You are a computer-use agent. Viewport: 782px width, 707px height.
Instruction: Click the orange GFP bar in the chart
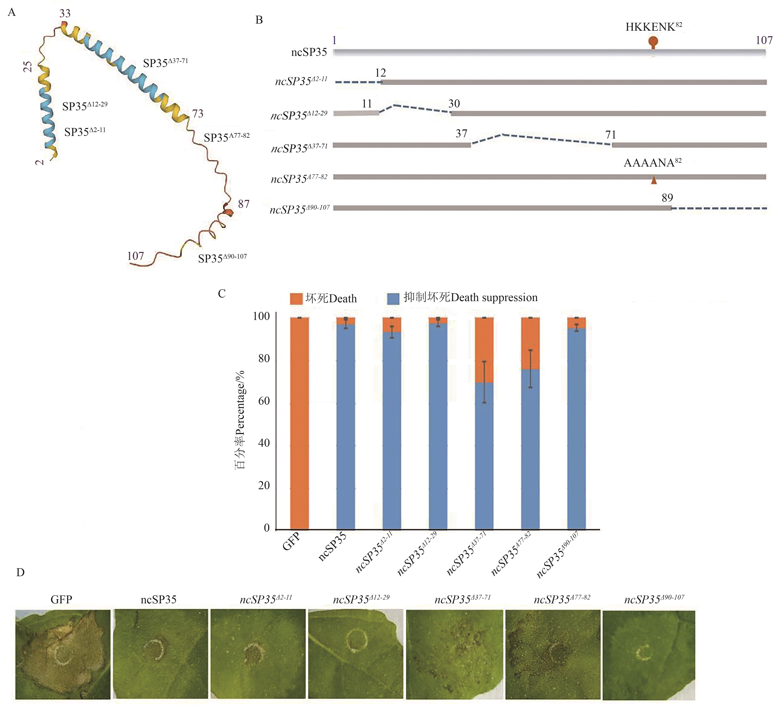pyautogui.click(x=299, y=423)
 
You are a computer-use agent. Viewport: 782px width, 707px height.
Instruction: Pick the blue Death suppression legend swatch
pyautogui.click(x=393, y=298)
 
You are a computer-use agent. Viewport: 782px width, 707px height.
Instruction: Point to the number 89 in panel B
pyautogui.click(x=667, y=198)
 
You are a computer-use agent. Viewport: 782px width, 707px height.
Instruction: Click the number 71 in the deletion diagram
pyautogui.click(x=611, y=135)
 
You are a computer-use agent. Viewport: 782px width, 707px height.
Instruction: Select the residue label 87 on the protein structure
pyautogui.click(x=244, y=204)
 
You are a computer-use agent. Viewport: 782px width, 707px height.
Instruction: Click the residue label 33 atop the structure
pyautogui.click(x=65, y=14)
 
